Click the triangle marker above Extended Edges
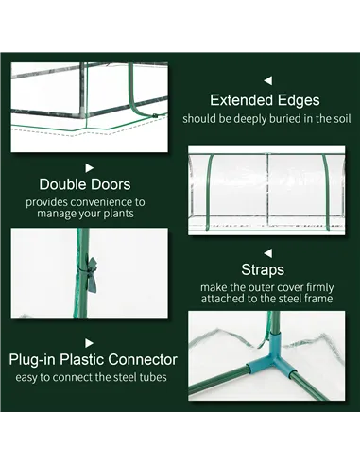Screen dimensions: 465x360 (268, 81)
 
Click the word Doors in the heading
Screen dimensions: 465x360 (110, 183)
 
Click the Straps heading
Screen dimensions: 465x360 (269, 269)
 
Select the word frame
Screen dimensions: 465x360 (324, 300)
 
